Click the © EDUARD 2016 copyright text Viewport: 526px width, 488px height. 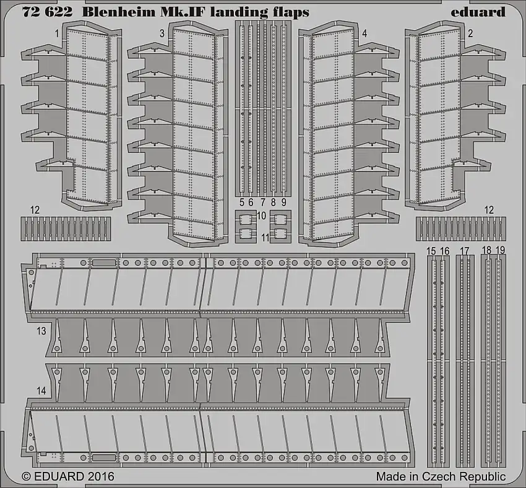68,477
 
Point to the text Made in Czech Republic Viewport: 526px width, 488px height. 441,477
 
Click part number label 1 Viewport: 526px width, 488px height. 56,33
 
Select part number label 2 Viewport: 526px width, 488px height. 471,33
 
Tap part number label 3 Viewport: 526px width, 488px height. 162,33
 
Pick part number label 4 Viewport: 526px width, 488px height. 364,33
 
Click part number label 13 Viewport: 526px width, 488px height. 41,331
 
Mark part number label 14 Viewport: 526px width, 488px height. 41,391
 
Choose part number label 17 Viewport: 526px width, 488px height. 465,251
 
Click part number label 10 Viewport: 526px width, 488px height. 262,216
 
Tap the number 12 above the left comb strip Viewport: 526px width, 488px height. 35,211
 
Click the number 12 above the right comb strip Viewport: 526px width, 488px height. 489,211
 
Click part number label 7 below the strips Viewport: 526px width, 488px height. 262,202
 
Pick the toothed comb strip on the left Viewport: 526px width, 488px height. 66,229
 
